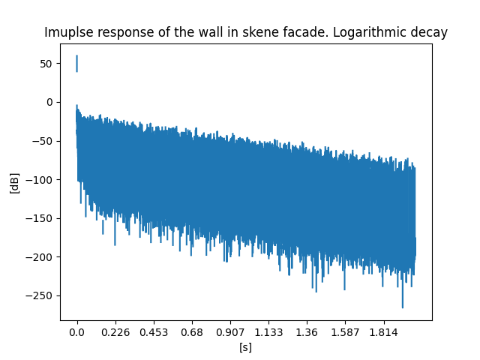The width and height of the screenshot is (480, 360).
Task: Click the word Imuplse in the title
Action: tap(68, 33)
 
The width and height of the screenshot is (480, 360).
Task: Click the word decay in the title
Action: tap(431, 33)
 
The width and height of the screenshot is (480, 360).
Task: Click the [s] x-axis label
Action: tap(245, 347)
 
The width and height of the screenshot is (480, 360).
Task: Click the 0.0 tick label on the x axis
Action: tap(77, 331)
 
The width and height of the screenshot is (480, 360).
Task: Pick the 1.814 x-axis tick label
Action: tap(383, 331)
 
